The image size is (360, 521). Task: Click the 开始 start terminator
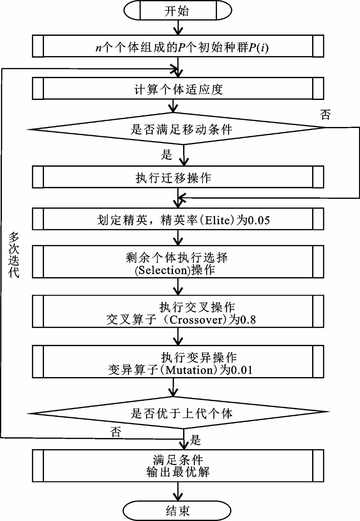178,11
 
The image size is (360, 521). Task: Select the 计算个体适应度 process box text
179,90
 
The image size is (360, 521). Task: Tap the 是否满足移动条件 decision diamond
176,128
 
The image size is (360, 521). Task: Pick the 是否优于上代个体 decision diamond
178,413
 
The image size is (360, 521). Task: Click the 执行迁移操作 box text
173,178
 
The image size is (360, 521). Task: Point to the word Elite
219,220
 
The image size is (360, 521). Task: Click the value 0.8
248,320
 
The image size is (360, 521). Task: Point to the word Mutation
189,370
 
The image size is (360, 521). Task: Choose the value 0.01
241,370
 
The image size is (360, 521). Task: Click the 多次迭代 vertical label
14,255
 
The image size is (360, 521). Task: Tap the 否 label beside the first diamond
325,115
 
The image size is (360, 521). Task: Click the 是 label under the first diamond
166,155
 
